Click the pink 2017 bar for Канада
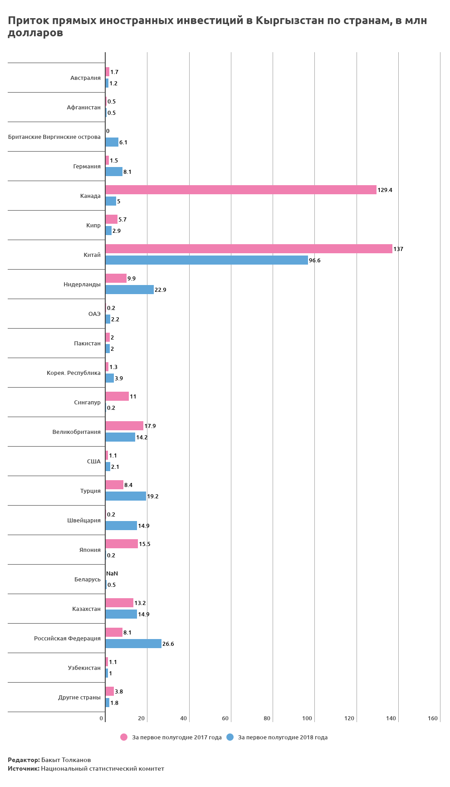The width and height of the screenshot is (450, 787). (x=240, y=190)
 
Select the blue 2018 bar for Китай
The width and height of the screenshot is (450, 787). (x=206, y=260)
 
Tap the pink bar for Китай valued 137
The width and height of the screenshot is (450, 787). (x=249, y=249)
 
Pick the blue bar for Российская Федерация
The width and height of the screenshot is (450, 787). (x=133, y=644)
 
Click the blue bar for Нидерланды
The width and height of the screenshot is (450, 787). (x=129, y=290)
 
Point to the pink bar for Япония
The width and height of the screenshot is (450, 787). (x=122, y=544)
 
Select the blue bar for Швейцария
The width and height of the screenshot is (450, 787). (x=121, y=526)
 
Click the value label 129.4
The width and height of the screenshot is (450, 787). (x=385, y=190)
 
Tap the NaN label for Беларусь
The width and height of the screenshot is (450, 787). (x=112, y=574)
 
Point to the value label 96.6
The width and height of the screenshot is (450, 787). (x=315, y=261)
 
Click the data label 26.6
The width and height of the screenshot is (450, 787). (x=168, y=644)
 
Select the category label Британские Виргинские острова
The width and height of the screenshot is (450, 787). (x=54, y=137)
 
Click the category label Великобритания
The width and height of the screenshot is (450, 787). (x=76, y=432)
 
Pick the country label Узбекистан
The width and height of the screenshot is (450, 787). (x=84, y=668)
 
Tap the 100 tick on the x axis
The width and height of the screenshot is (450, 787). (x=307, y=718)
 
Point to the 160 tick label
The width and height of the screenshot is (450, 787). (x=433, y=718)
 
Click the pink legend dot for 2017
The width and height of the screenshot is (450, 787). (x=124, y=737)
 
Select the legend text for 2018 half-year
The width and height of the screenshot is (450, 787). (x=283, y=738)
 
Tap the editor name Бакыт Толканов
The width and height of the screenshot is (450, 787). (x=66, y=760)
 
